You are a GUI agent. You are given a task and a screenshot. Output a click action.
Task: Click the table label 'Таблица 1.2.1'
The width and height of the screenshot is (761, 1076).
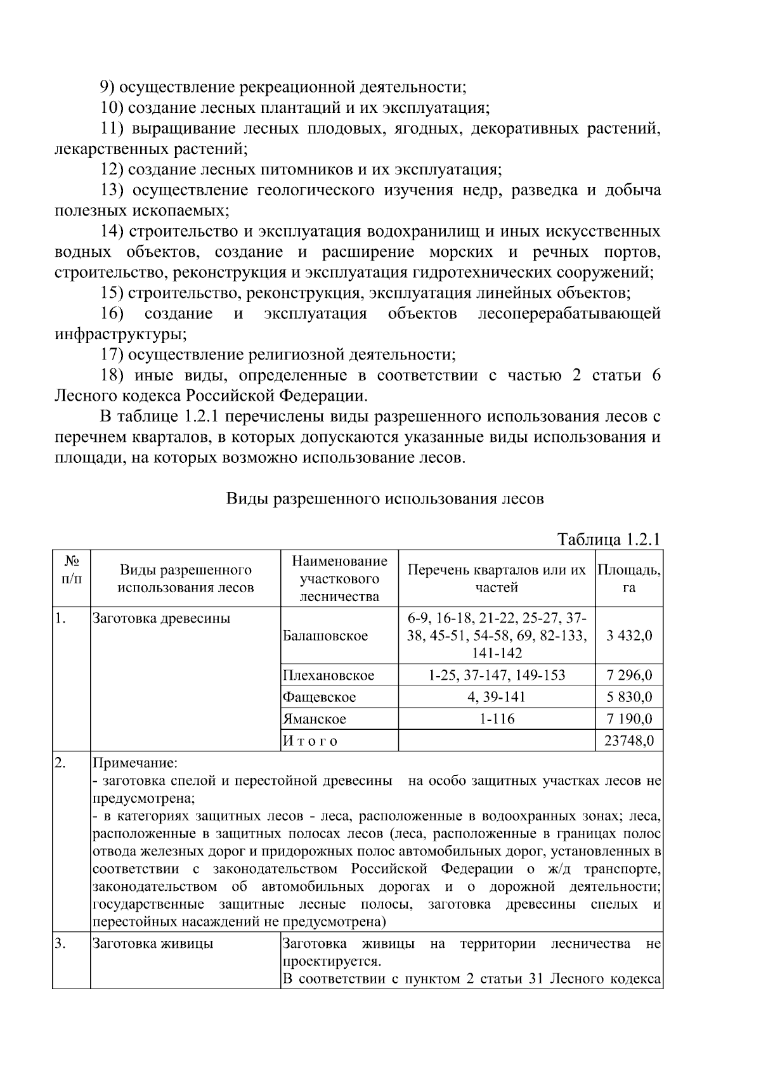coord(609,540)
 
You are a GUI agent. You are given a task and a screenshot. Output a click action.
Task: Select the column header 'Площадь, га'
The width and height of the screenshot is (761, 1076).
coord(628,578)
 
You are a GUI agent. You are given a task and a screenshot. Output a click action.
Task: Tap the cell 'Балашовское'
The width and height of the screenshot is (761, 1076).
coord(325,636)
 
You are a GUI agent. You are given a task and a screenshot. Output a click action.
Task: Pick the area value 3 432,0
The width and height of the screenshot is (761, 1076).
coord(628,636)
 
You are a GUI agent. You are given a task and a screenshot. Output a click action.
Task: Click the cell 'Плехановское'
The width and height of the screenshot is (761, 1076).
coord(328,675)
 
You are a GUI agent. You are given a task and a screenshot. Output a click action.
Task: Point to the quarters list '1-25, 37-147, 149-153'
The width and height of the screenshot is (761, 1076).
coord(497,675)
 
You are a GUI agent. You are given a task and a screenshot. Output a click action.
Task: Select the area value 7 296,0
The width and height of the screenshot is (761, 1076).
coord(628,675)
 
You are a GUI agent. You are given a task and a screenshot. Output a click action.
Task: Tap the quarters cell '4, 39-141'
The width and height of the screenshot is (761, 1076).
coord(497,697)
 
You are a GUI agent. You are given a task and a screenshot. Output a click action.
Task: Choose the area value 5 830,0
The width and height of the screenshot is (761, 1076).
coord(628,697)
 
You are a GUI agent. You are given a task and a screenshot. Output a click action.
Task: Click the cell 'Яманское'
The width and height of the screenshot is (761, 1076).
coord(315,719)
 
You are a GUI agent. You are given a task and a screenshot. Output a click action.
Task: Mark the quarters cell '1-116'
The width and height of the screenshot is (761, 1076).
coord(497,719)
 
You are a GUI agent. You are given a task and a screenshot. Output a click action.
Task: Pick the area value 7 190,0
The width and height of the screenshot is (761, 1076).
coord(628,719)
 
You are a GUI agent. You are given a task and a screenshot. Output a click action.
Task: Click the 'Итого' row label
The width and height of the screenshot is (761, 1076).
coord(310,741)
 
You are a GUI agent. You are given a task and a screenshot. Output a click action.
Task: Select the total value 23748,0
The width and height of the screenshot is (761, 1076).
coord(628,741)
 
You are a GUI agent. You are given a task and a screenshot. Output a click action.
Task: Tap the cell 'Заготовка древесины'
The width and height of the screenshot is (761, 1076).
coord(161,618)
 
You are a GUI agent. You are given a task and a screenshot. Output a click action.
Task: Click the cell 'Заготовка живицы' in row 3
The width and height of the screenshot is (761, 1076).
coord(153,943)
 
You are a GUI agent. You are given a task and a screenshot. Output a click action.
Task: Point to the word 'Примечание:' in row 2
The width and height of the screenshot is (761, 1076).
coord(135,763)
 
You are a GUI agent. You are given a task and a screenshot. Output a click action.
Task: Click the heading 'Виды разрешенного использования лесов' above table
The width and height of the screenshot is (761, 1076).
coord(385,498)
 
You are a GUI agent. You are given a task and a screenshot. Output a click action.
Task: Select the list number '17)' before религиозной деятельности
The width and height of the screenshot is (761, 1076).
coord(112,354)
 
